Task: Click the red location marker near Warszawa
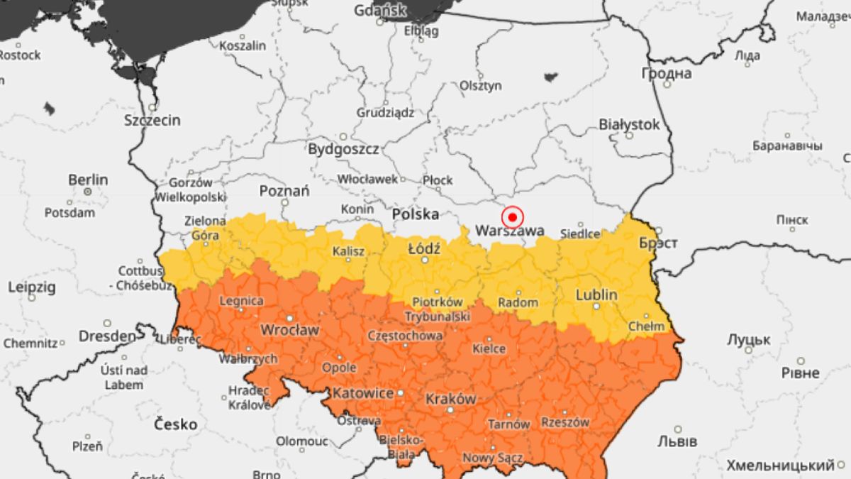pyautogui.click(x=512, y=217)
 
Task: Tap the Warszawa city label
pyautogui.click(x=510, y=231)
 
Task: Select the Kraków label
pyautogui.click(x=450, y=400)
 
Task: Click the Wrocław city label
pyautogui.click(x=290, y=330)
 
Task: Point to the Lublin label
pyautogui.click(x=596, y=294)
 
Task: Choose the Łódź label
pyautogui.click(x=424, y=248)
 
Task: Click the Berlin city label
pyautogui.click(x=88, y=180)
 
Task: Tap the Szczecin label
pyautogui.click(x=152, y=121)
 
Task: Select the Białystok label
pyautogui.click(x=629, y=125)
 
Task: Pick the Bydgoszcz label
pyautogui.click(x=343, y=150)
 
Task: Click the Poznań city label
pyautogui.click(x=284, y=191)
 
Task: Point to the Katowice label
pyautogui.click(x=364, y=393)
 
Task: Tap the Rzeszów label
pyautogui.click(x=565, y=422)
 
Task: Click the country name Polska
pyautogui.click(x=416, y=214)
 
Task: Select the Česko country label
pyautogui.click(x=176, y=424)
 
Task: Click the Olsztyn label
pyautogui.click(x=480, y=86)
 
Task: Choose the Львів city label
pyautogui.click(x=677, y=441)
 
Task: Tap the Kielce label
pyautogui.click(x=489, y=348)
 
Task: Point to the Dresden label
pyautogui.click(x=107, y=336)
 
